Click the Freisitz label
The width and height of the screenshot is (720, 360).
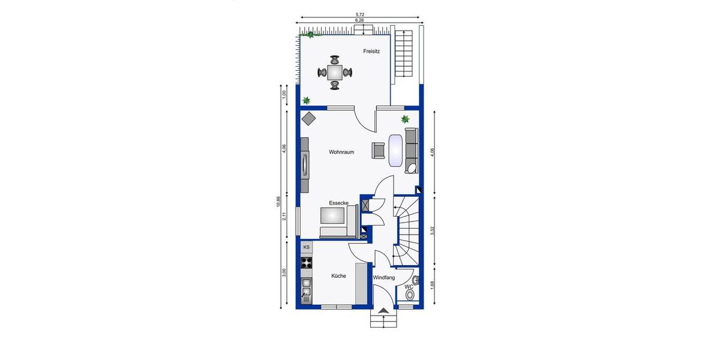(x=371, y=52)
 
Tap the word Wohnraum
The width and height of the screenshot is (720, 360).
(x=341, y=152)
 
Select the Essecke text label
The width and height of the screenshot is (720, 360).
(x=338, y=203)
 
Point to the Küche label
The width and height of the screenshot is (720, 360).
(x=339, y=276)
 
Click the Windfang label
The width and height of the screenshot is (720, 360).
(x=384, y=278)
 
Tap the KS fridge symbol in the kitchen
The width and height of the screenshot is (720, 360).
(x=306, y=247)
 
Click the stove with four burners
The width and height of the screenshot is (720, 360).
(x=307, y=262)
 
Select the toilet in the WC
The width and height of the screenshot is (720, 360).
(x=410, y=295)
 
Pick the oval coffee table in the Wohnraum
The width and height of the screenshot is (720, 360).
(x=396, y=150)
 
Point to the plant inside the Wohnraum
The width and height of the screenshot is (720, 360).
(x=405, y=119)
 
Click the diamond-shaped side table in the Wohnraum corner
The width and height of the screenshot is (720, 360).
(x=309, y=119)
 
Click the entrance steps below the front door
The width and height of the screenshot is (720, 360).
(x=384, y=319)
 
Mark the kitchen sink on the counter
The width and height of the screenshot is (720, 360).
(x=306, y=293)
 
